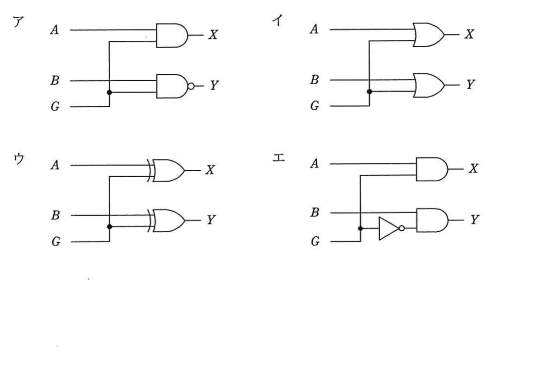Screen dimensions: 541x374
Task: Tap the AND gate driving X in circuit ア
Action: (x=172, y=35)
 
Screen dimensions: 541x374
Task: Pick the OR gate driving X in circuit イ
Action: (x=429, y=35)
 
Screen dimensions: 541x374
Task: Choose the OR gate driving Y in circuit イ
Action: (x=429, y=85)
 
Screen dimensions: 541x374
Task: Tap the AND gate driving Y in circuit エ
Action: (x=432, y=220)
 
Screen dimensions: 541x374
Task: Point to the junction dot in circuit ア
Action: (x=109, y=92)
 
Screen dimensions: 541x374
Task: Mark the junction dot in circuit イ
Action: (x=369, y=92)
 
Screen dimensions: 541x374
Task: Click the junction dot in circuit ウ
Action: (x=109, y=226)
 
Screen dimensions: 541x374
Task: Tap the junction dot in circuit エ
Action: (x=361, y=228)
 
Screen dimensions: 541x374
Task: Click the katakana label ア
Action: (x=18, y=22)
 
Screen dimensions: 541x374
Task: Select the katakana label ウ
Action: (x=19, y=159)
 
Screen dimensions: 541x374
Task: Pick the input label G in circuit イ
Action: (x=314, y=106)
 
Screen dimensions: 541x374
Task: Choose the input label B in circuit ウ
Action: (x=55, y=216)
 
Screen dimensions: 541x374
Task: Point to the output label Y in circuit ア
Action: (x=214, y=85)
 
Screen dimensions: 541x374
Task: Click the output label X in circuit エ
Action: (x=473, y=168)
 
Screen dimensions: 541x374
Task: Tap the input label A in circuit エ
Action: (x=314, y=163)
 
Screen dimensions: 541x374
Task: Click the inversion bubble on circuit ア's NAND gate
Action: (x=191, y=86)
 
